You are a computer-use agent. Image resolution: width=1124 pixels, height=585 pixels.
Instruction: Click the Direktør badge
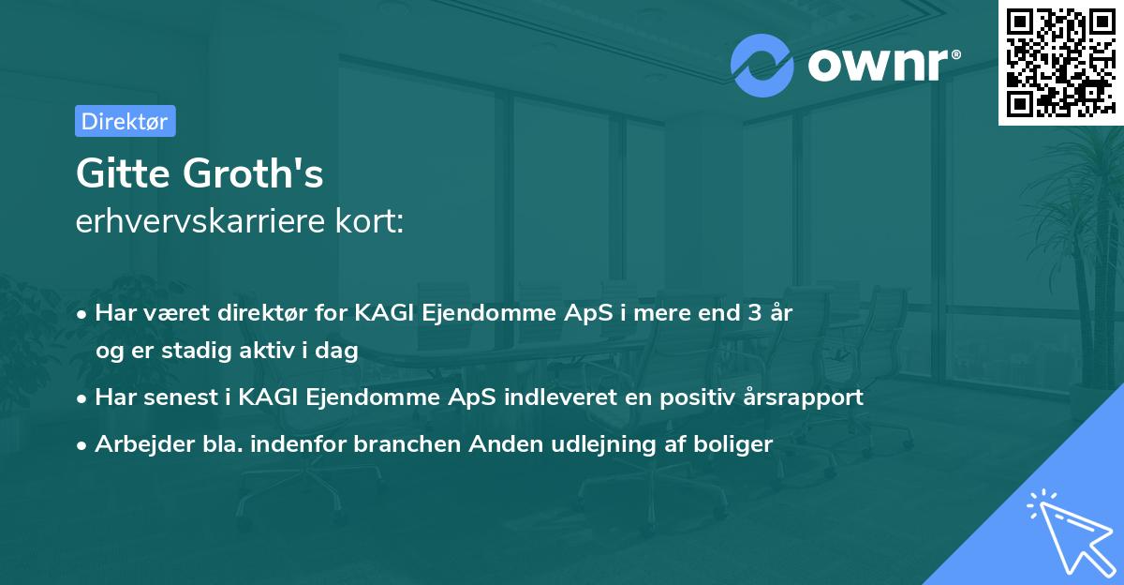tap(125, 120)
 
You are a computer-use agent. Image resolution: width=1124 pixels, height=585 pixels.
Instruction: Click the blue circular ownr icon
tap(762, 65)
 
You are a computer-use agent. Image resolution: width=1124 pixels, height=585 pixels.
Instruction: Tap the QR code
tap(1060, 62)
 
